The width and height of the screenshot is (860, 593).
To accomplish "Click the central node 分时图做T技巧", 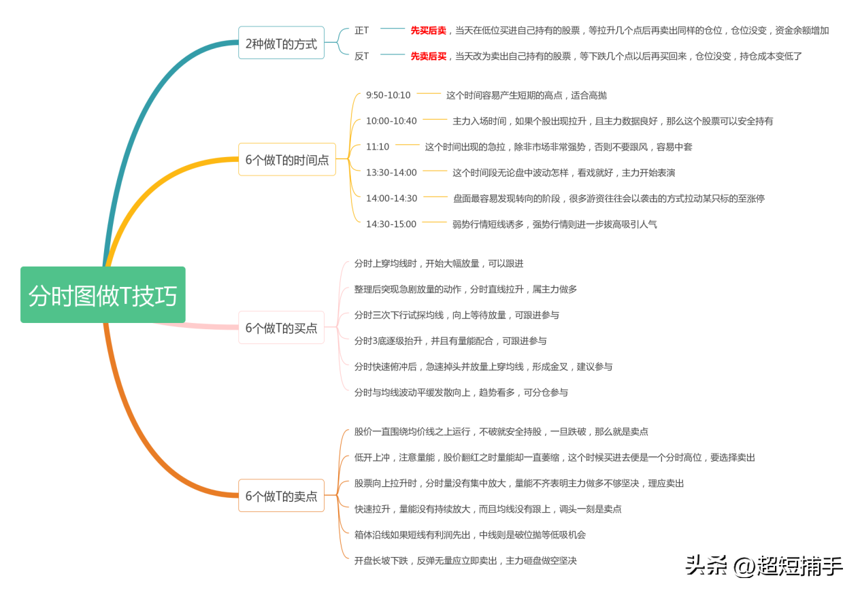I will [103, 295].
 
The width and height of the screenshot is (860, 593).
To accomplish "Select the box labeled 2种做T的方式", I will [281, 44].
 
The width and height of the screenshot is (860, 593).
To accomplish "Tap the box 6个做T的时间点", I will [286, 160].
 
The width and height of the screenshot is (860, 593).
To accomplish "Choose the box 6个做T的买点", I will [281, 328].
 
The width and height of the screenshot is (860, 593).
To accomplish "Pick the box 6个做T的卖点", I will [281, 496].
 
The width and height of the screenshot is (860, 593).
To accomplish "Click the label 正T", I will [361, 31].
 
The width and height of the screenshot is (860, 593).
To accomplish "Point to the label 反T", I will [361, 56].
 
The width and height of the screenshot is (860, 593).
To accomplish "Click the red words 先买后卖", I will [428, 31].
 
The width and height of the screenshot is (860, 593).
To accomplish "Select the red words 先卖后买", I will [428, 56].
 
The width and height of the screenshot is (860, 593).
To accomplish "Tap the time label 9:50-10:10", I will [388, 95].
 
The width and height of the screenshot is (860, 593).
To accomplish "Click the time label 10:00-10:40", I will [391, 121].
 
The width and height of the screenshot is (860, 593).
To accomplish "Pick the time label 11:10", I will [378, 147].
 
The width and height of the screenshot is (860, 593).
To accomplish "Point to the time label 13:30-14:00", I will [391, 173].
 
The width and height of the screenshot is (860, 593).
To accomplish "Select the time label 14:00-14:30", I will [391, 199].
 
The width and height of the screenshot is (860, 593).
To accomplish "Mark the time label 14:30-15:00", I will [391, 224].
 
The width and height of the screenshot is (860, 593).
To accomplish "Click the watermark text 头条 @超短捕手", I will [763, 565].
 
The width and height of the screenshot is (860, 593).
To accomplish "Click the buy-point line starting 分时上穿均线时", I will [439, 264].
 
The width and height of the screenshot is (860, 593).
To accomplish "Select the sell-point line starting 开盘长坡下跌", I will [465, 561].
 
